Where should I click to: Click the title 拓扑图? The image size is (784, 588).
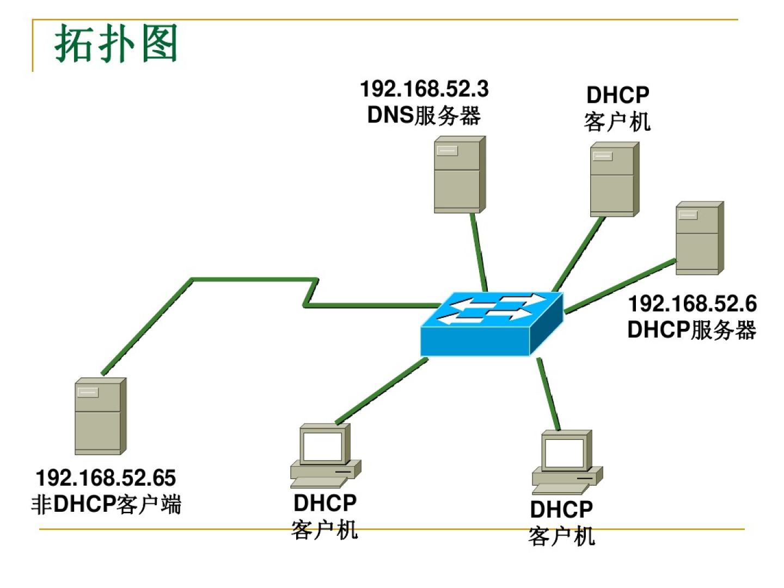[116, 44]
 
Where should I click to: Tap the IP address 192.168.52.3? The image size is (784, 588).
[425, 89]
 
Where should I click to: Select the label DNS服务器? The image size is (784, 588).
[424, 115]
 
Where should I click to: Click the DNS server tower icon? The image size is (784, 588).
[459, 175]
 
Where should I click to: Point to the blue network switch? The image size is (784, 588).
[492, 323]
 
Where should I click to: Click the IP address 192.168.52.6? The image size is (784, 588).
[692, 304]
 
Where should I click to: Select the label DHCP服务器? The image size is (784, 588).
[691, 330]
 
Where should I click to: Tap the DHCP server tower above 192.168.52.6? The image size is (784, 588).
[699, 238]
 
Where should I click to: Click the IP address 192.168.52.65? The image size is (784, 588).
[106, 478]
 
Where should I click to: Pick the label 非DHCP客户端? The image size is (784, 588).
[106, 504]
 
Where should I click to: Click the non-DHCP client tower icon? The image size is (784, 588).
[100, 416]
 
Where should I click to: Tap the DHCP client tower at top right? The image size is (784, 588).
[614, 179]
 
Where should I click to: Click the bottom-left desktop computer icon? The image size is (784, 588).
[325, 456]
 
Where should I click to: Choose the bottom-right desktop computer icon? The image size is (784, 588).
[567, 462]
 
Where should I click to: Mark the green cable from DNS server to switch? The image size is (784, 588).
[479, 252]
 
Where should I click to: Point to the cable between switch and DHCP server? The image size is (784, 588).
[621, 286]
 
